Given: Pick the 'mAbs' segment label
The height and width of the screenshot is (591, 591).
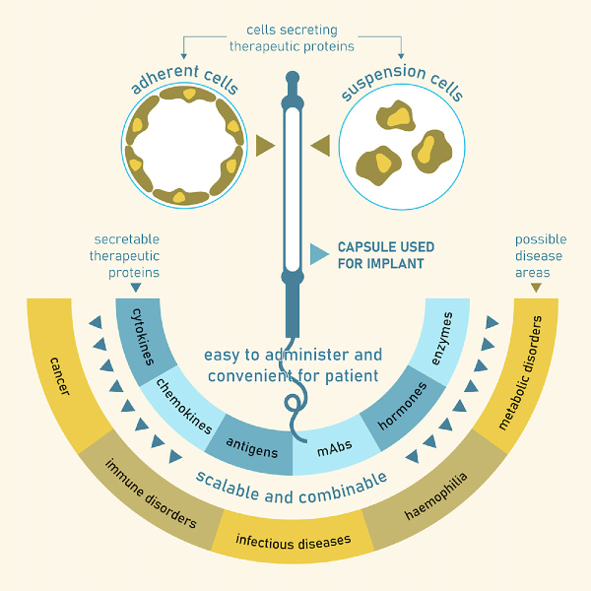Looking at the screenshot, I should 335,449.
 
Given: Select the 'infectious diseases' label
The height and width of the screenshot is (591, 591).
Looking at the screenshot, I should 293,541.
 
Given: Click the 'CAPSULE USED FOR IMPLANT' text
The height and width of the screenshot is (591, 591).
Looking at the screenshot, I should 385,255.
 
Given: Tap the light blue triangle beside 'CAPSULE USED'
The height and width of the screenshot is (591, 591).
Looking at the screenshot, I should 318,254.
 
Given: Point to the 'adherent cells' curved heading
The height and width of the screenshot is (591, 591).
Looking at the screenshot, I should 184,82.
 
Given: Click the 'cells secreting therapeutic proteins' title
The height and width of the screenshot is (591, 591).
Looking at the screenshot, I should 293,37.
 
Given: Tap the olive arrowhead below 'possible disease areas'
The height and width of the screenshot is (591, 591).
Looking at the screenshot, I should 536,288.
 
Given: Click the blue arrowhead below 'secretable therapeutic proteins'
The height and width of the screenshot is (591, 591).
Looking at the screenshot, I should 135,288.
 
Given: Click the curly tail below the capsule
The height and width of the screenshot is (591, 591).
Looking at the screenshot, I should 296,410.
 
